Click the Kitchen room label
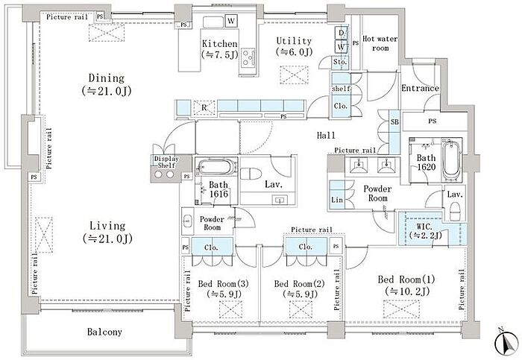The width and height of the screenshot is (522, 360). (220, 43)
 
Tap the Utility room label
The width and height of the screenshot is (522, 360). (294, 41)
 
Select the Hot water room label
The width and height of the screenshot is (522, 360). (380, 43)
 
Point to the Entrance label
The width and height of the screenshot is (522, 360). (420, 88)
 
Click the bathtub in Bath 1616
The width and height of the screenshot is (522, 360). (216, 167)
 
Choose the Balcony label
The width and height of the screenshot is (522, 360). (104, 332)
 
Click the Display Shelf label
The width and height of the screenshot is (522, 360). (166, 162)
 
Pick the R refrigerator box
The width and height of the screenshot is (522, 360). (204, 107)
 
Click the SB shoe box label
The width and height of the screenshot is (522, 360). (394, 121)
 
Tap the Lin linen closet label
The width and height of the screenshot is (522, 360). (337, 200)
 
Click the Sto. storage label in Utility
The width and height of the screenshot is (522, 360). (340, 62)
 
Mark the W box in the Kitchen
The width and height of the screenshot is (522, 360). (231, 21)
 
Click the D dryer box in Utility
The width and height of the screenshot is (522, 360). (342, 33)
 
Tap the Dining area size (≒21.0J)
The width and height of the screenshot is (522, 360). (107, 91)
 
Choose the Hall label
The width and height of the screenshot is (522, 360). (326, 135)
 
